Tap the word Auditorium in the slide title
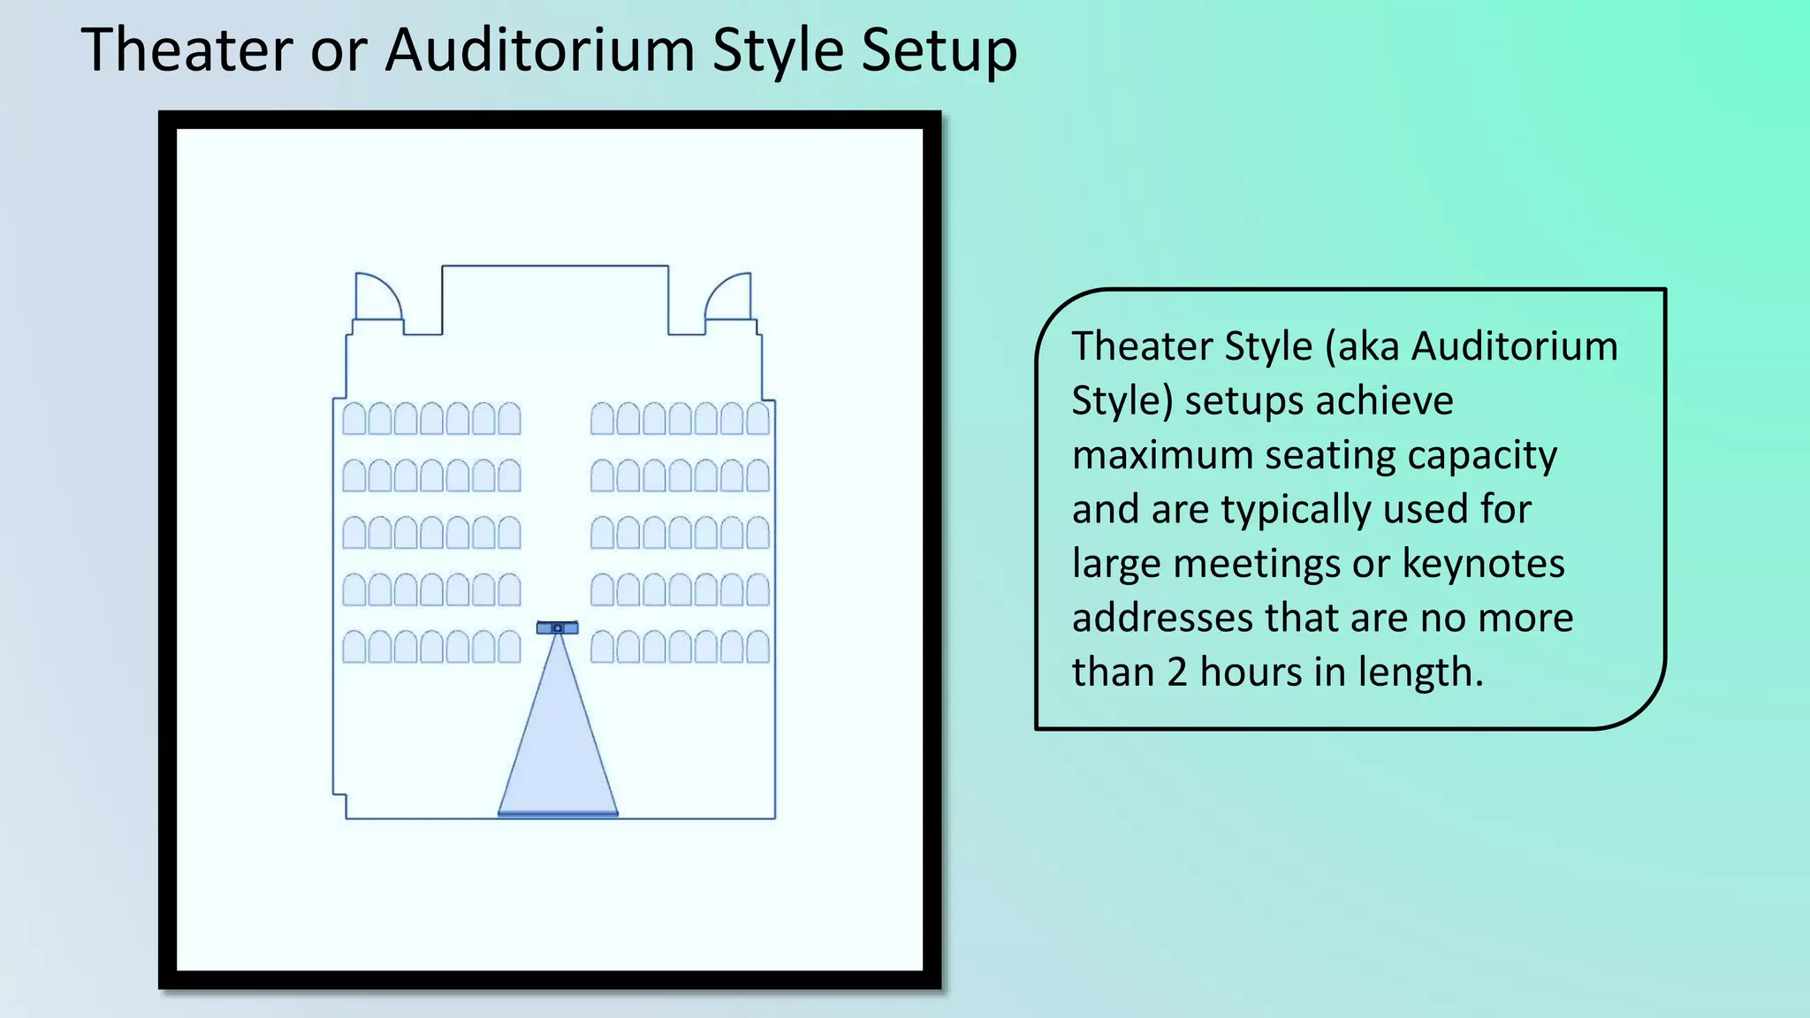point(540,50)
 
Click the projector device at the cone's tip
point(558,627)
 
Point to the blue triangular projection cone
point(558,742)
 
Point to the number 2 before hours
point(1176,672)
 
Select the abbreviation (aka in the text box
point(1362,346)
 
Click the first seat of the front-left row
point(354,647)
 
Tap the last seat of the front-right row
point(758,647)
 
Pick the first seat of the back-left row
point(354,419)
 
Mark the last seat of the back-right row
point(758,419)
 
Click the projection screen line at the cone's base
point(558,814)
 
